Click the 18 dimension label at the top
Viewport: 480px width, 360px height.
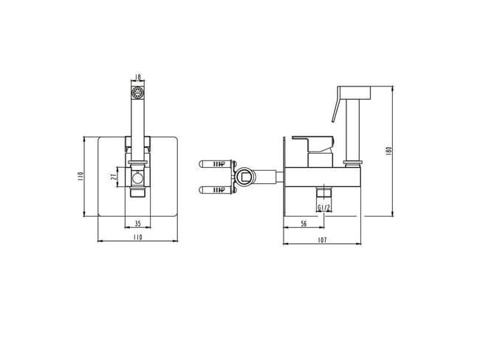[x=138, y=77]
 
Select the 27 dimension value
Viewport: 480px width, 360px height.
[x=113, y=177]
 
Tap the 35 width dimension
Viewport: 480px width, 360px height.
[x=138, y=224]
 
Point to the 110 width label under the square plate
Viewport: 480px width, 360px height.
[x=138, y=237]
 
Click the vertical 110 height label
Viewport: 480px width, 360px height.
[x=80, y=177]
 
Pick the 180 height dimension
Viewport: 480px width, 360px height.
[x=389, y=151]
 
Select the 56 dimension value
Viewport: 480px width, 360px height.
[x=304, y=224]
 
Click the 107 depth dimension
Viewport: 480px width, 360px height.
[x=323, y=240]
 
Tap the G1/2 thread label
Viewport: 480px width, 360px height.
[x=324, y=208]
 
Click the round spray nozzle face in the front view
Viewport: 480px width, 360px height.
[x=137, y=92]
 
